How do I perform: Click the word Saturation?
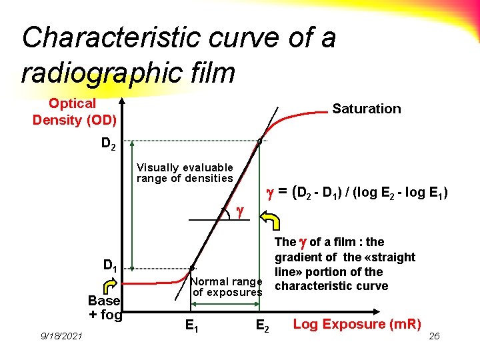coord(366,109)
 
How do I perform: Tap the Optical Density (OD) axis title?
coord(74,111)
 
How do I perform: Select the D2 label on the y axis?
coord(108,143)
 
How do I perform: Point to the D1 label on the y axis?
coord(109,265)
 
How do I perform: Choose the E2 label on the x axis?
coord(263,326)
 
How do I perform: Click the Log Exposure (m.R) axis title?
coord(357,325)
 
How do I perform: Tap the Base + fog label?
coord(105,307)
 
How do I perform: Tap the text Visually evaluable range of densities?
coord(185,173)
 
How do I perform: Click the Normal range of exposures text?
coord(227,287)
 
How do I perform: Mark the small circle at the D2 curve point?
coord(261,141)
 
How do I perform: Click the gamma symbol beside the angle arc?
coord(241,212)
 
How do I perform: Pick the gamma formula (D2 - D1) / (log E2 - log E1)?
coord(357,193)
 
